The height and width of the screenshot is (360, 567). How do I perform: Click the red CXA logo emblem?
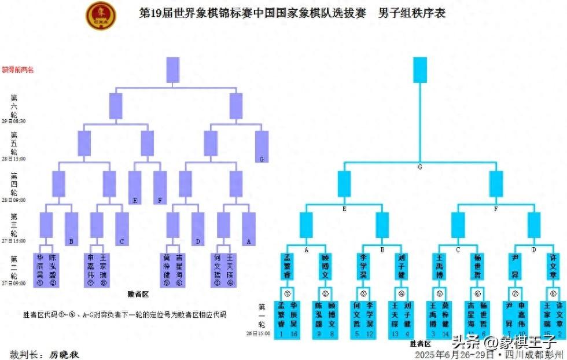tap(101, 16)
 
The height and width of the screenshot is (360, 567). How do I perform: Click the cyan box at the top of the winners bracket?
tap(420, 69)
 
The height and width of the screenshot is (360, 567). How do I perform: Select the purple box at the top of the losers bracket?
tap(173, 69)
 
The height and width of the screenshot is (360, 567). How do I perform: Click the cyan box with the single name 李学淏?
tap(363, 266)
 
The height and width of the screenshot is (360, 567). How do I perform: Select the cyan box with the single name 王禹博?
tap(439, 266)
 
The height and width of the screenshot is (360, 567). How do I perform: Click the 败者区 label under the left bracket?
tap(138, 295)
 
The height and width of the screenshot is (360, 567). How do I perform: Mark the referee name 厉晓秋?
tap(64, 354)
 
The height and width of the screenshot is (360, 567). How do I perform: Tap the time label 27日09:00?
tap(14, 284)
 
